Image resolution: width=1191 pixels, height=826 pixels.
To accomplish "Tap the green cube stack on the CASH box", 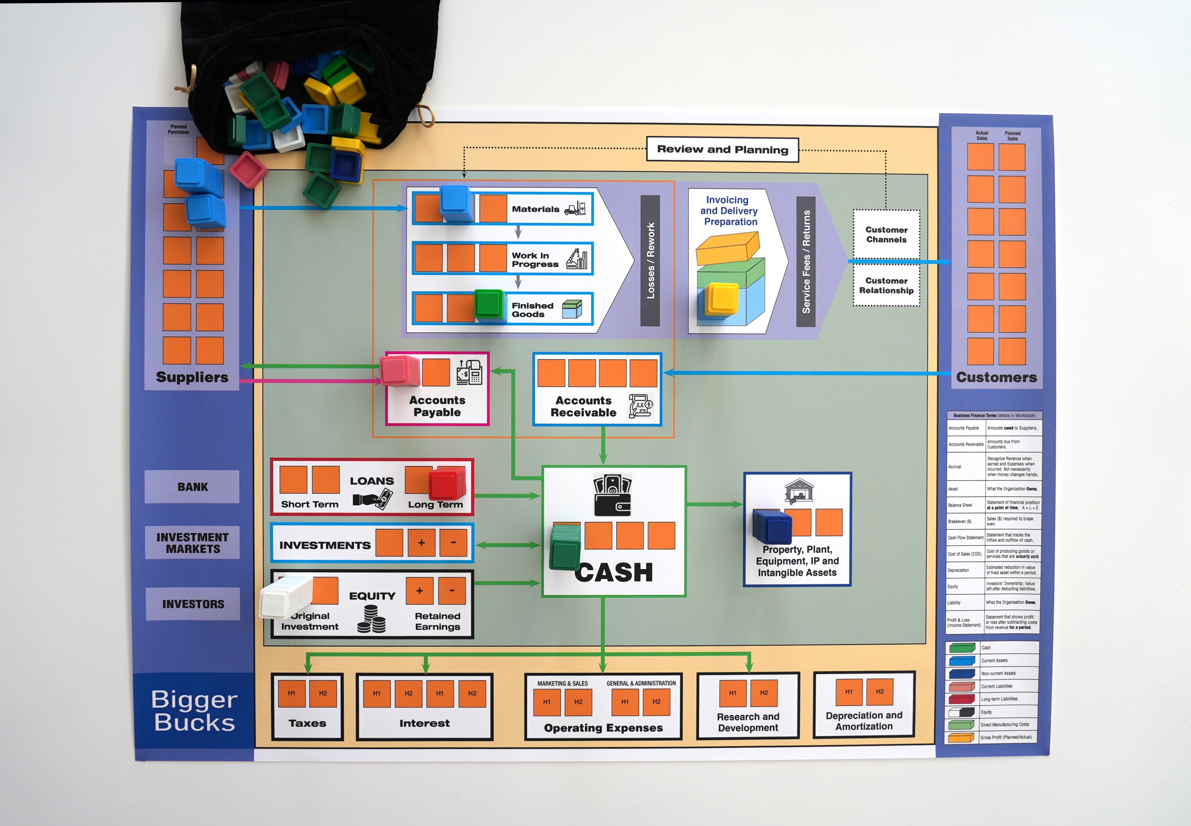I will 564,548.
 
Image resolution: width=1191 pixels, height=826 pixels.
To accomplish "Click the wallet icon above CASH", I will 612,496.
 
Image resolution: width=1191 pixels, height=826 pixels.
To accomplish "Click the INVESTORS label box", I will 193,604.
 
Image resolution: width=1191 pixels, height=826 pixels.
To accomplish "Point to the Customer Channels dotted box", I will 886,234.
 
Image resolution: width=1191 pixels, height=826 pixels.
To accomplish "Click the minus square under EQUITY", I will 452,591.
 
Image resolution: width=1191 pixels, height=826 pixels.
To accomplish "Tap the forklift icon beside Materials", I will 574,209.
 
